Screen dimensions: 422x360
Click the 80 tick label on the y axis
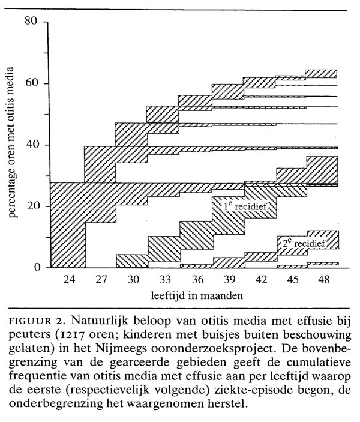(x=31, y=22)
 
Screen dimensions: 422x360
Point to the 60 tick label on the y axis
(x=31, y=83)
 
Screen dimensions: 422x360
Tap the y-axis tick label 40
(x=31, y=145)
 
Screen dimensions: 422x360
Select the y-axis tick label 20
(x=31, y=206)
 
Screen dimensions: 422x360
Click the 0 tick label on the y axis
(x=34, y=267)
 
